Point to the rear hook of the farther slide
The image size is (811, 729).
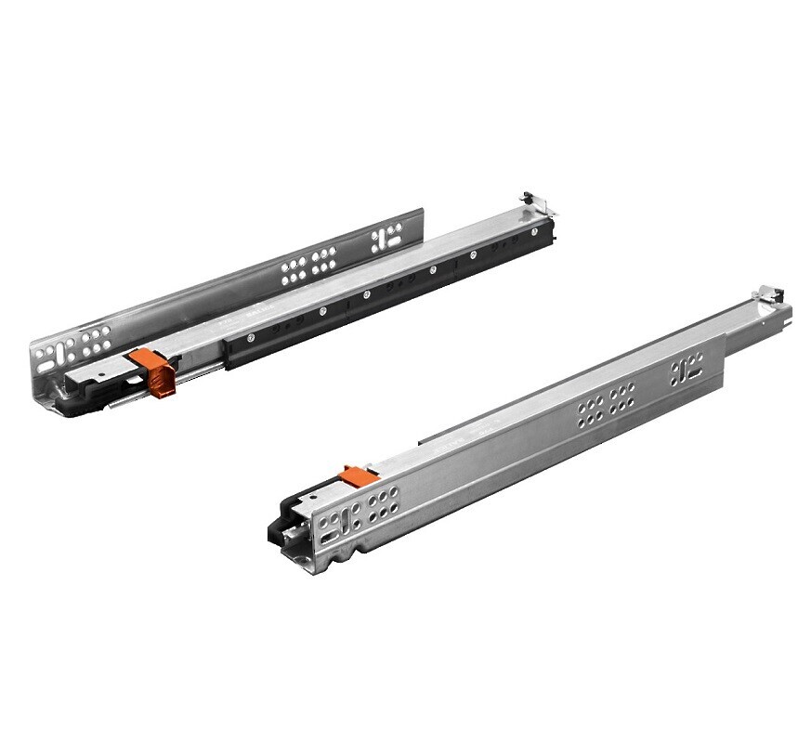pos(529,200)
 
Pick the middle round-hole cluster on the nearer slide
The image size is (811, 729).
pos(606,406)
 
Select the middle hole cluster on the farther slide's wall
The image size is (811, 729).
pos(310,264)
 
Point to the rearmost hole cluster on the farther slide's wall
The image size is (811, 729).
pos(387,238)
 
